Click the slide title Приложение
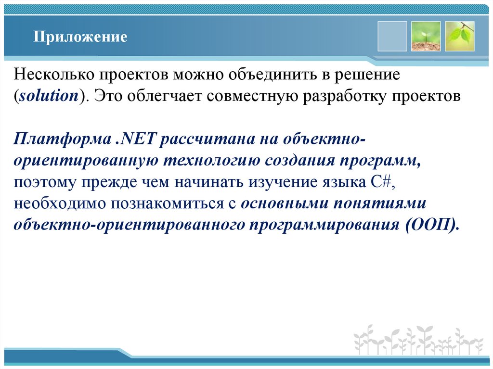(80, 37)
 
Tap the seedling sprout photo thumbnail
(426, 36)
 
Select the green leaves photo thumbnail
(459, 36)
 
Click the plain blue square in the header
(392, 36)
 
